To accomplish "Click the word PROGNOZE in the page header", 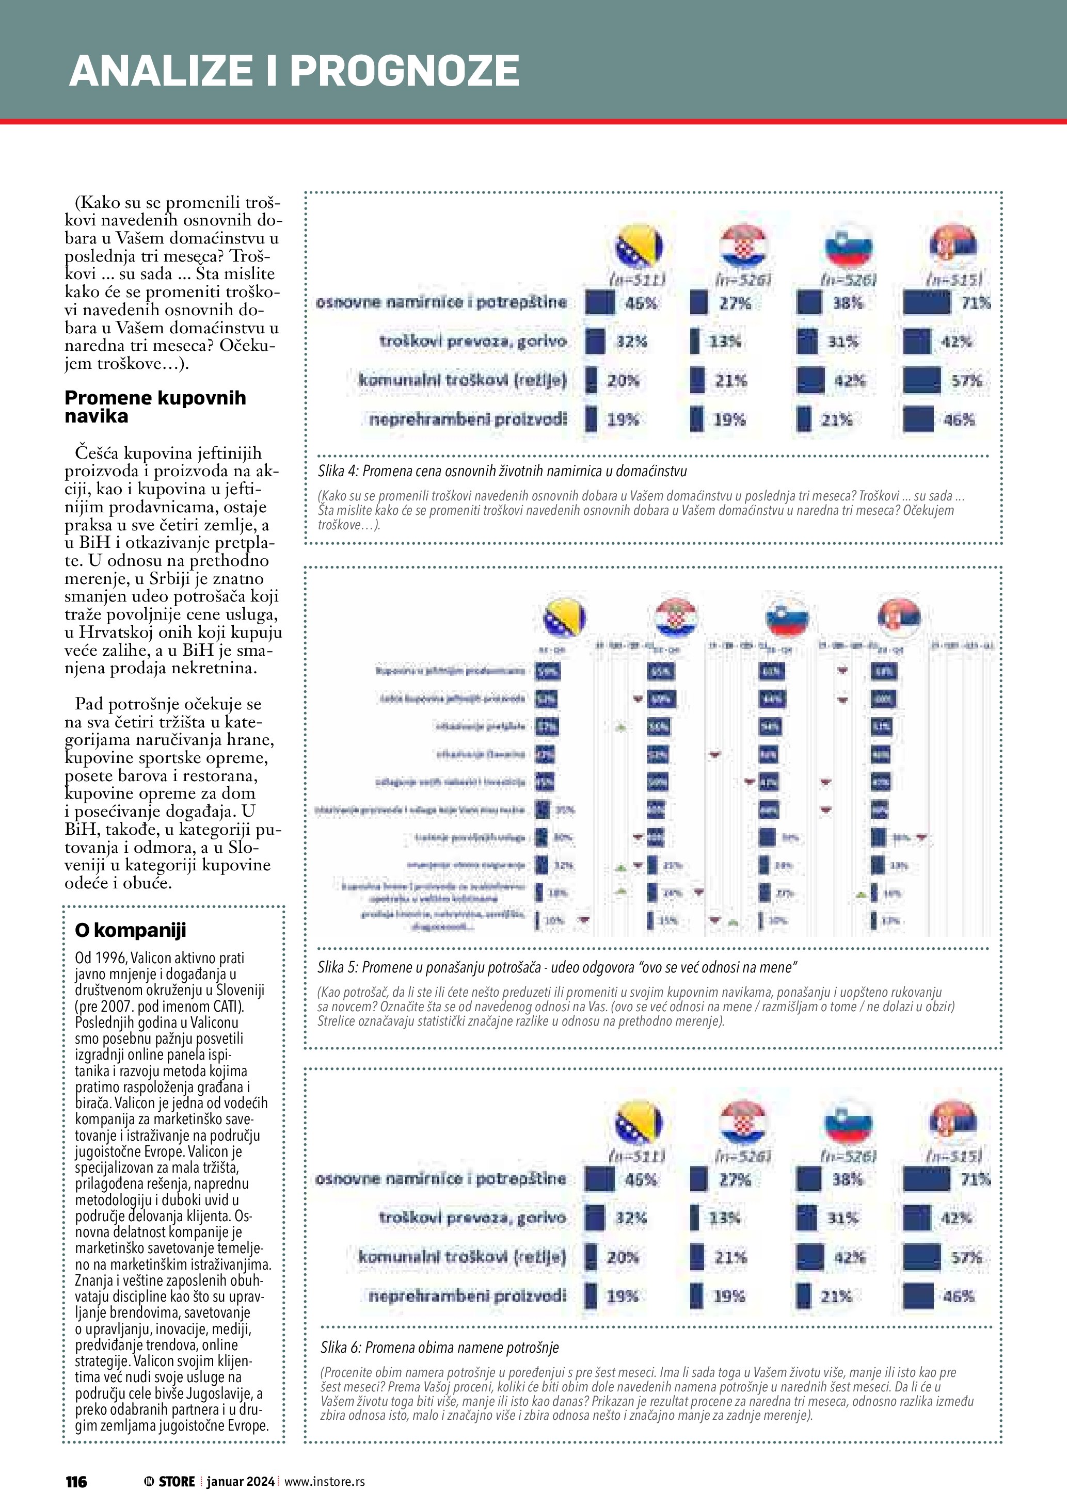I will pyautogui.click(x=404, y=71).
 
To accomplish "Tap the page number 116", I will pyautogui.click(x=76, y=1482).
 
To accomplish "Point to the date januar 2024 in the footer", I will pyautogui.click(x=241, y=1482).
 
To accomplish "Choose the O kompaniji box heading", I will pyautogui.click(x=130, y=930).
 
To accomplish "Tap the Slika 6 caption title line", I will pyautogui.click(x=439, y=1348).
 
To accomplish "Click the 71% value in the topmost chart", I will pyautogui.click(x=976, y=303).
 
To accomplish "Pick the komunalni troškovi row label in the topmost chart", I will pyautogui.click(x=462, y=380).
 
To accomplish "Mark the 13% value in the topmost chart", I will pyautogui.click(x=725, y=342).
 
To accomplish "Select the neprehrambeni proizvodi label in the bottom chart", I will pyautogui.click(x=467, y=1296).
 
